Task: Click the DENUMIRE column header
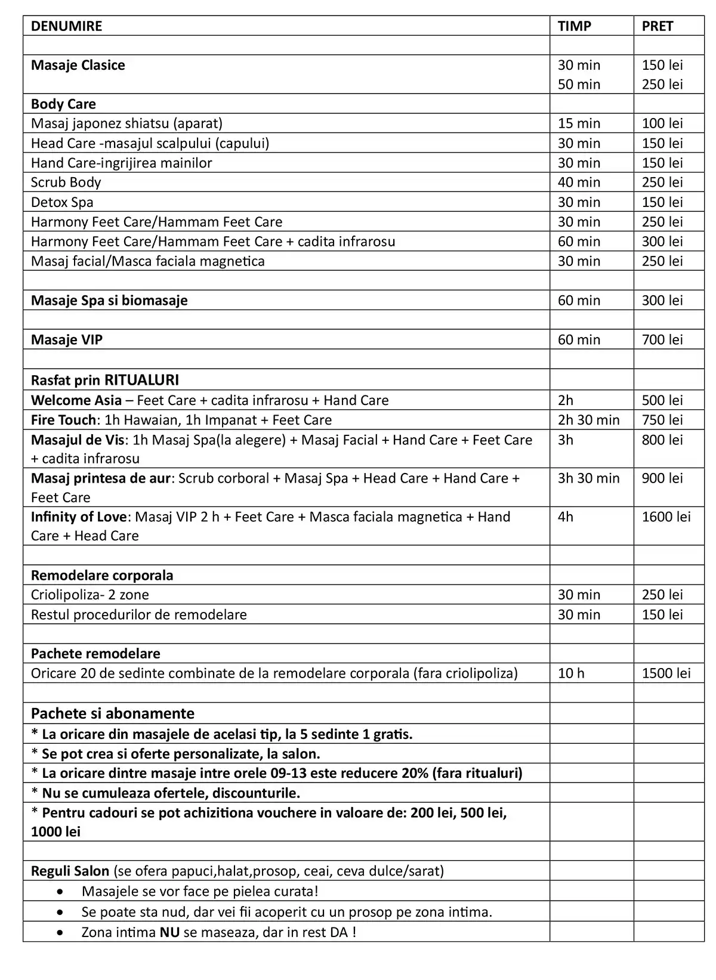(x=66, y=26)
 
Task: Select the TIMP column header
(x=574, y=26)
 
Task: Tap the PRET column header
(x=657, y=26)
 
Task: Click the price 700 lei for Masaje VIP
(x=662, y=339)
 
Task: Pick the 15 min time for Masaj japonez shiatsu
(x=579, y=123)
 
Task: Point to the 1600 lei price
(x=666, y=517)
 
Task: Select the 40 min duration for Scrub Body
(x=579, y=182)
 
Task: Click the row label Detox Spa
(x=62, y=202)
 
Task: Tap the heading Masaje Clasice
(x=78, y=65)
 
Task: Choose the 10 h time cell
(x=571, y=673)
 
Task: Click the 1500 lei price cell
(x=666, y=673)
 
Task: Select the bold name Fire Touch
(x=63, y=420)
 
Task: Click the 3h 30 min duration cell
(x=588, y=478)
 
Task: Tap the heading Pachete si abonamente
(x=113, y=713)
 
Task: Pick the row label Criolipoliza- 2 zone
(x=90, y=595)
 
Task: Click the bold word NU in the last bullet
(x=169, y=932)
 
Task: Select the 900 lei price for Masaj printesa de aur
(x=662, y=478)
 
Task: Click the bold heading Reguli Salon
(x=70, y=871)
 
